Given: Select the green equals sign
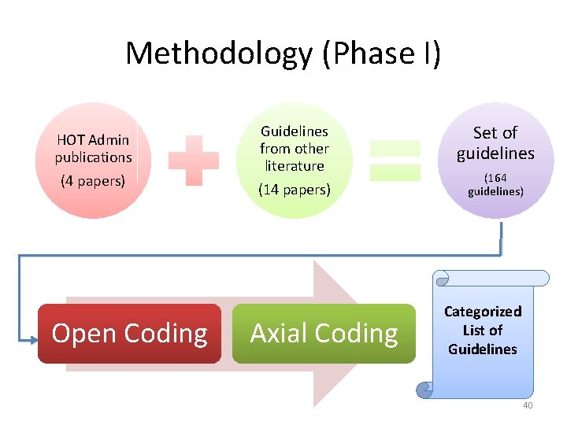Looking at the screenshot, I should click(395, 160).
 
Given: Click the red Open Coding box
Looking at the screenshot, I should click(129, 334).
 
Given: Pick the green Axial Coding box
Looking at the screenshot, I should click(324, 334).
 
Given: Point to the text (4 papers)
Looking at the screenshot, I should click(93, 181).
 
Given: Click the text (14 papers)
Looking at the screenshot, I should click(295, 190).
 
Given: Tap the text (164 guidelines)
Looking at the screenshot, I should click(495, 184).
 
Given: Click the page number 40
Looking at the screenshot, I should click(528, 405).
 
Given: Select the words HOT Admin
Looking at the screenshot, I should click(93, 140).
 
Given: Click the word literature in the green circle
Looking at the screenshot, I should click(295, 165).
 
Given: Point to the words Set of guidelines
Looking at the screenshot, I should click(495, 142).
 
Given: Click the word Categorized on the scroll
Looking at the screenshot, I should click(483, 312).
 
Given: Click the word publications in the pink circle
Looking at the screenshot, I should click(93, 157).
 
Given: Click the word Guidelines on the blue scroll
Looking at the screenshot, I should click(483, 349).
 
